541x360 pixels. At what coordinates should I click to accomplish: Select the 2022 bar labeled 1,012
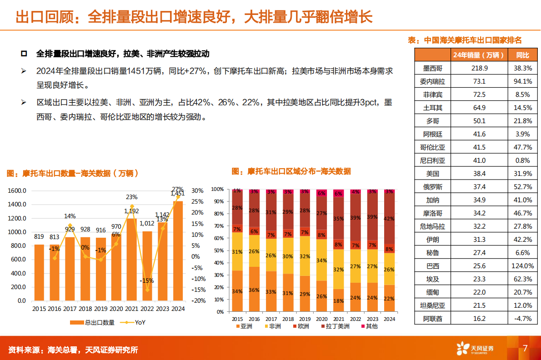click(x=147, y=266)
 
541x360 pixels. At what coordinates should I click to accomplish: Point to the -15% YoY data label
click(x=147, y=280)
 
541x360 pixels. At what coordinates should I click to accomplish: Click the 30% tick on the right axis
click(x=197, y=191)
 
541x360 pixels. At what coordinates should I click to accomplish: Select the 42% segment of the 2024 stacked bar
click(x=389, y=218)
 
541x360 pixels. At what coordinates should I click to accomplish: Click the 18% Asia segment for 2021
click(x=338, y=300)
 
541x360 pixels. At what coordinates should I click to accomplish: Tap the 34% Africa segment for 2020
click(x=321, y=260)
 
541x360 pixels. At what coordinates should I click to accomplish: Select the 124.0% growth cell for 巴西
click(x=523, y=266)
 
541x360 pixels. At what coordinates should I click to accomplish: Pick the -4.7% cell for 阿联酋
click(x=523, y=319)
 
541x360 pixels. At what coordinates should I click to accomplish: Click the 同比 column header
click(x=523, y=55)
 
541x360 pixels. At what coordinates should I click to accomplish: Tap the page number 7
click(x=525, y=349)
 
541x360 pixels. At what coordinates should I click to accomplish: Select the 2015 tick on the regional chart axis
click(x=237, y=319)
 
